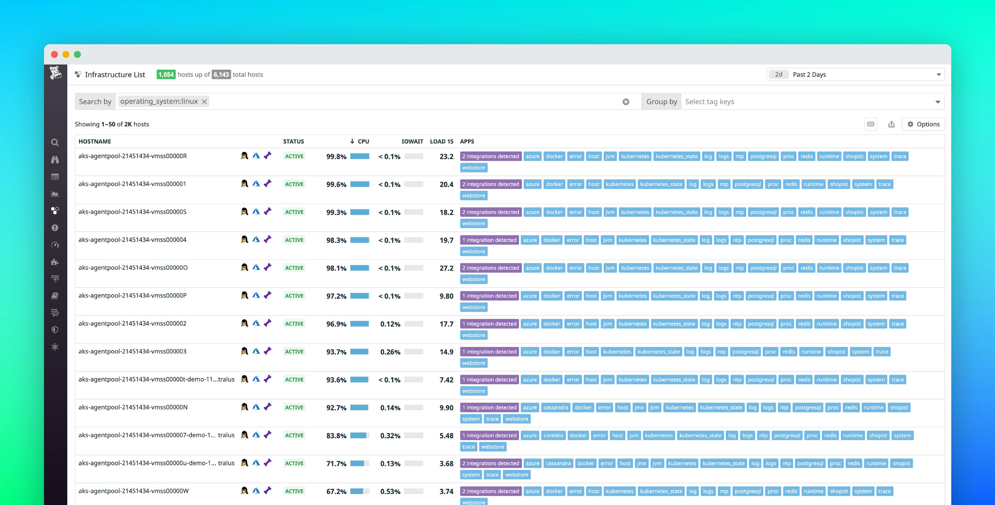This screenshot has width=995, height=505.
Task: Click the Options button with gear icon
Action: [x=923, y=124]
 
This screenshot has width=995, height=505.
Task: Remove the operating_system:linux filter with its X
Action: [x=204, y=102]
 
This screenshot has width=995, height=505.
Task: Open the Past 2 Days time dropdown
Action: [x=855, y=75]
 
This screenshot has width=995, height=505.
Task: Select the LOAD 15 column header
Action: [x=441, y=141]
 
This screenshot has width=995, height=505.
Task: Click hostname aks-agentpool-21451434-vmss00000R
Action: [x=132, y=156]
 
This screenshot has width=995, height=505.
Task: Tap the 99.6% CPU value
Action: [x=336, y=184]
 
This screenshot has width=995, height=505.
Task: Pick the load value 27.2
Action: [x=446, y=268]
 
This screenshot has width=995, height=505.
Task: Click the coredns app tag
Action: [x=553, y=435]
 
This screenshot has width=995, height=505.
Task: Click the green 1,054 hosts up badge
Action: [x=166, y=75]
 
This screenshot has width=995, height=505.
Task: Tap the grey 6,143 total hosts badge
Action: [x=221, y=75]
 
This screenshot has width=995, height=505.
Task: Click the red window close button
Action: [x=54, y=54]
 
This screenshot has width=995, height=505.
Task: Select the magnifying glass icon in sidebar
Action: [x=55, y=142]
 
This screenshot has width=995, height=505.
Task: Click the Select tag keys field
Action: [x=807, y=102]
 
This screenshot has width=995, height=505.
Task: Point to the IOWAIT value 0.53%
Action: [x=390, y=491]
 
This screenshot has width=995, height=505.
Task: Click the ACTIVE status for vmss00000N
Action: [x=294, y=408]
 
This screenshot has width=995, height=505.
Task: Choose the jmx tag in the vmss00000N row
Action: [x=639, y=408]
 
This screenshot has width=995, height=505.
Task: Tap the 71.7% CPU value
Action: [x=336, y=464]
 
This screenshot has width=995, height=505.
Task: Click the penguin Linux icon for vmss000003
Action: [x=244, y=351]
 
